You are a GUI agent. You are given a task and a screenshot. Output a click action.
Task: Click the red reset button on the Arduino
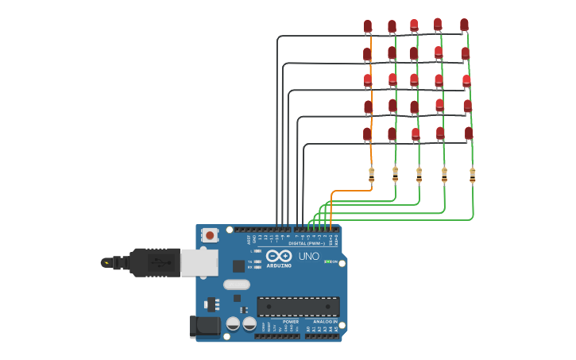(x=210, y=235)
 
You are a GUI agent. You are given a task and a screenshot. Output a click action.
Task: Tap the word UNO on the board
(x=308, y=257)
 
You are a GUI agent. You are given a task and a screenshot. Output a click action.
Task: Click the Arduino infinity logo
(x=279, y=256)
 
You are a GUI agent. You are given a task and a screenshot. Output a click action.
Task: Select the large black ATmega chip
(x=298, y=307)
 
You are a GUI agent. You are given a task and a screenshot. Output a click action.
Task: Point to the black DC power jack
(x=204, y=326)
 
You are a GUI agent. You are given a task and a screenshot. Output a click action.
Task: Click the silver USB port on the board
(x=199, y=262)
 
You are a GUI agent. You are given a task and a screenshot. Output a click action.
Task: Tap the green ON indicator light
(x=327, y=261)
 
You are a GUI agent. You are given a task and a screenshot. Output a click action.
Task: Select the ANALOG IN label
(x=324, y=322)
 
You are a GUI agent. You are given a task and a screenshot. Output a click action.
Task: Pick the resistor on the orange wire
(x=371, y=175)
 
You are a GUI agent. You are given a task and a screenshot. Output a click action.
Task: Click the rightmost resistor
(x=472, y=175)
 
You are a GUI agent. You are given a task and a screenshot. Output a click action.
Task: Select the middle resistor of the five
(x=419, y=175)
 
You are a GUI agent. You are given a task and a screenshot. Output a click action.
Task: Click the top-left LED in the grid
(x=367, y=27)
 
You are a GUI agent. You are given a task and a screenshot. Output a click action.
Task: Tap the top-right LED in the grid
(x=464, y=25)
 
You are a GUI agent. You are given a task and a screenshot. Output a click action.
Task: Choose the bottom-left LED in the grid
(x=367, y=134)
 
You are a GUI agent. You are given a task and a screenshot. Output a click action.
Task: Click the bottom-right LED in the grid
(x=468, y=134)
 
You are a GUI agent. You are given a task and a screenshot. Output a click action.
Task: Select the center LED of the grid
(x=414, y=80)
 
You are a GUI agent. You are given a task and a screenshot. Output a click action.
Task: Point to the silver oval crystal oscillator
(x=236, y=285)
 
